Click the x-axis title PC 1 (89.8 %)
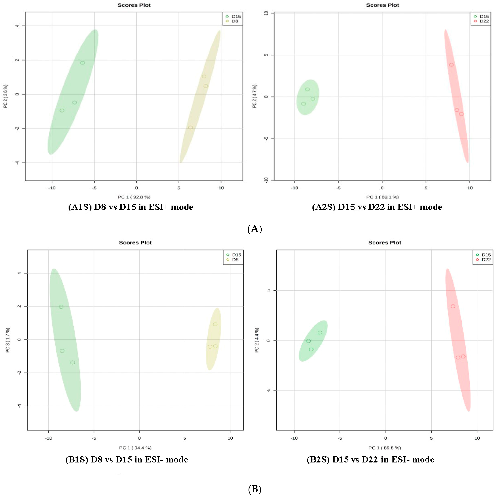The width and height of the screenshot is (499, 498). pyautogui.click(x=384, y=448)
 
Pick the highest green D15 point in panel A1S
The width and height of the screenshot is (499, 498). pyautogui.click(x=82, y=63)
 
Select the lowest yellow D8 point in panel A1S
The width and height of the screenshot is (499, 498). pyautogui.click(x=190, y=128)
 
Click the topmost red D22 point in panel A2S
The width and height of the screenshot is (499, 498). pyautogui.click(x=451, y=65)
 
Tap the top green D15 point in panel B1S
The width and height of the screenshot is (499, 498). pyautogui.click(x=61, y=307)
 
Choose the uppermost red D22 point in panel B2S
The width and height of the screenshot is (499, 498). pyautogui.click(x=453, y=306)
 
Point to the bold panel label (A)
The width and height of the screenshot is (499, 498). pyautogui.click(x=255, y=229)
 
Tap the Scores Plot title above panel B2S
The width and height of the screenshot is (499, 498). pyautogui.click(x=384, y=243)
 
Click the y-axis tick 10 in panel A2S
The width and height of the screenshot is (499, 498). pyautogui.click(x=266, y=13)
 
